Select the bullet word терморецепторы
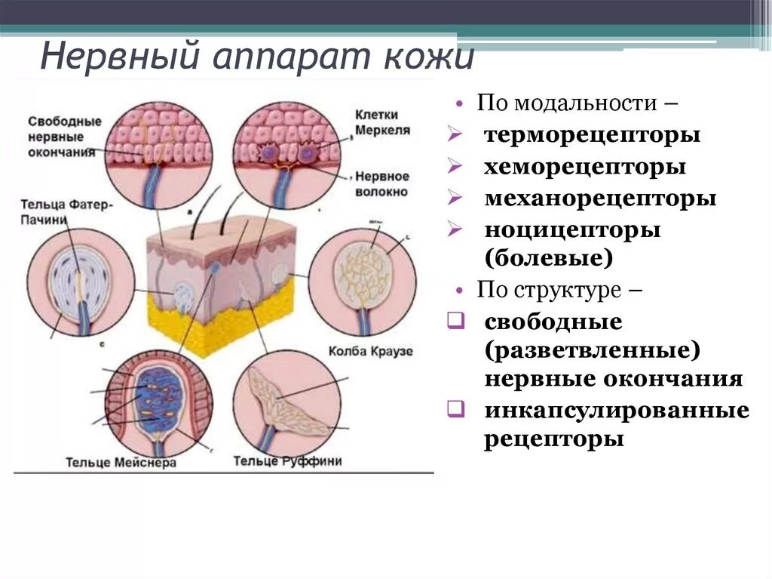click(593, 135)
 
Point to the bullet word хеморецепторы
click(585, 167)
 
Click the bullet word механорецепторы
click(600, 199)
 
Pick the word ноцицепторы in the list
click(572, 229)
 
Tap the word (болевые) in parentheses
click(548, 258)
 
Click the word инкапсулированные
click(617, 411)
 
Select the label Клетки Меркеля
click(382, 122)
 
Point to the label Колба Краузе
click(370, 352)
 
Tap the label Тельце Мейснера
click(121, 462)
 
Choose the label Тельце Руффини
click(287, 460)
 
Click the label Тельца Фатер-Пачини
click(66, 211)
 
